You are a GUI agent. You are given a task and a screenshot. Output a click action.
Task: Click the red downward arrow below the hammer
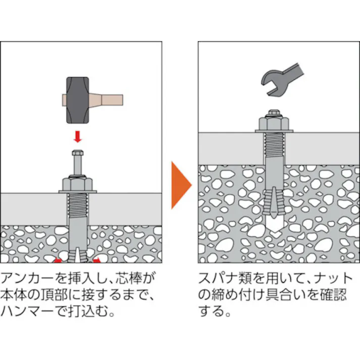tap(77, 136)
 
